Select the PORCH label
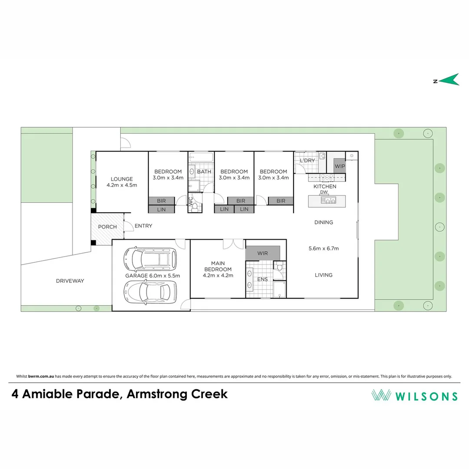(x=107, y=227)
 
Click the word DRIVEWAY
(x=70, y=281)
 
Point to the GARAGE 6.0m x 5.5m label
(x=152, y=276)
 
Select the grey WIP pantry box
(x=340, y=166)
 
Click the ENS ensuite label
(x=262, y=279)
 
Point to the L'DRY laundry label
(x=307, y=161)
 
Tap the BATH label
(x=204, y=172)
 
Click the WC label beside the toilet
(x=190, y=201)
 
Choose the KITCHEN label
(x=325, y=186)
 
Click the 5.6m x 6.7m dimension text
(x=324, y=249)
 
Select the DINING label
(x=324, y=222)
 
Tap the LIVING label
(x=324, y=275)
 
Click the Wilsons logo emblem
(x=381, y=395)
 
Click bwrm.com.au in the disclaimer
(x=41, y=377)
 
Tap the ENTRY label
(x=143, y=226)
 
